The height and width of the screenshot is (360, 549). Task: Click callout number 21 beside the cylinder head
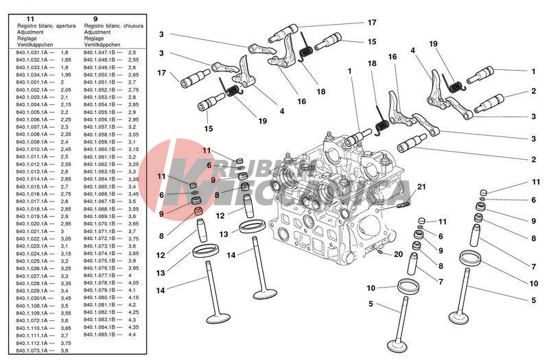[421, 187]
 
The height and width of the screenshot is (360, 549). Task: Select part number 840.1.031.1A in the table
[32, 52]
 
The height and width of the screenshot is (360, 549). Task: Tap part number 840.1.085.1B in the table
[100, 335]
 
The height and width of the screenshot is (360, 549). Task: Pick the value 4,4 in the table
[132, 335]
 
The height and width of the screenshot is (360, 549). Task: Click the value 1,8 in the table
[65, 52]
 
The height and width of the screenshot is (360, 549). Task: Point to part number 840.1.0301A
[30, 298]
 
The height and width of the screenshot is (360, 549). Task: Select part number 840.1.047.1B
[100, 52]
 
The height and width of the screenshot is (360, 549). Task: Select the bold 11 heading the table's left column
[28, 19]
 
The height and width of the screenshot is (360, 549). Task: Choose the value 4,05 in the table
[133, 283]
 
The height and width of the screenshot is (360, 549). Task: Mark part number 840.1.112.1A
[32, 343]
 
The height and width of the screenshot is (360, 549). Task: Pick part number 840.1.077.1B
[100, 275]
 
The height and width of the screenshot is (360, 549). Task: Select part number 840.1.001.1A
[32, 82]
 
